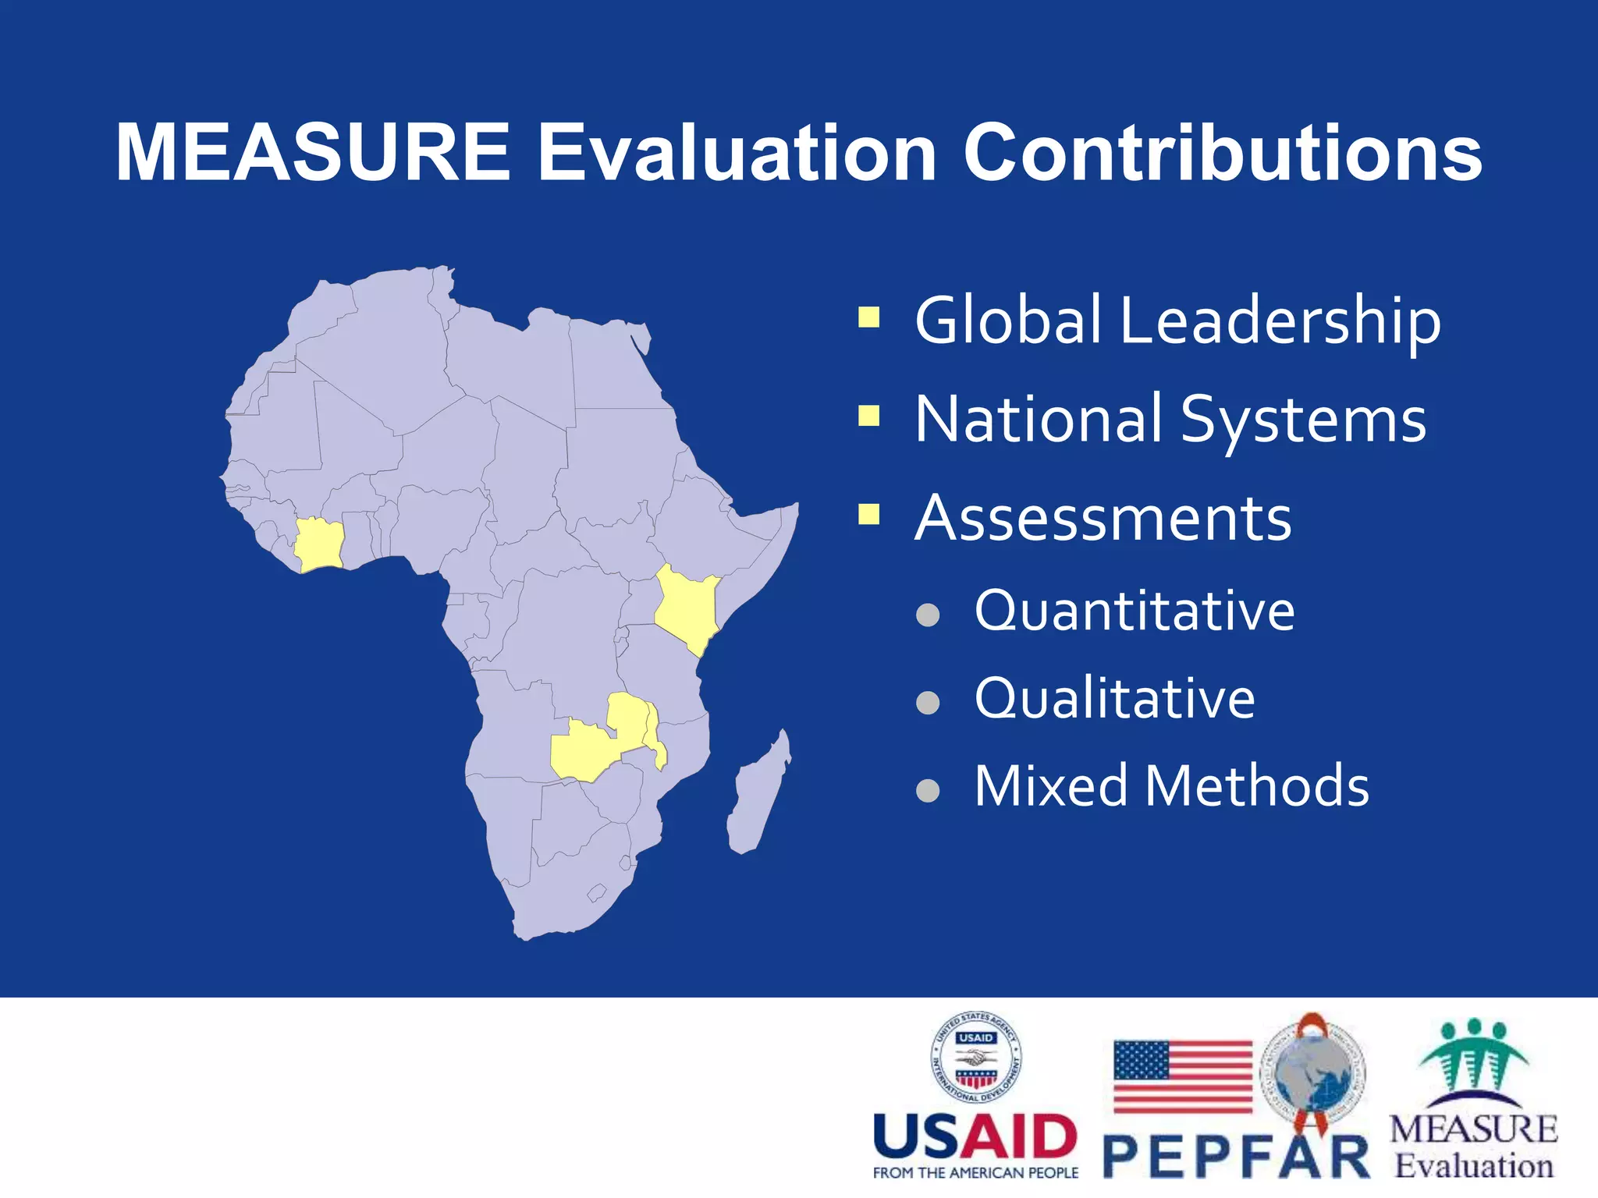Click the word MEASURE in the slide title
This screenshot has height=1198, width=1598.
point(312,153)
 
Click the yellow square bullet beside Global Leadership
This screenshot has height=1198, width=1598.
point(868,317)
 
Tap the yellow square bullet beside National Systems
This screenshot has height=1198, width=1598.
point(868,416)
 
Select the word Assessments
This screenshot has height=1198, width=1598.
point(1103,519)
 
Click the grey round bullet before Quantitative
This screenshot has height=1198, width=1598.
point(927,615)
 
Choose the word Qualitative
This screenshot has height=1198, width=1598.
point(1114,698)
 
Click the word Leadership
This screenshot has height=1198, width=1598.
point(1280,321)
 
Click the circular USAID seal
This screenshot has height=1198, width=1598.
point(975,1058)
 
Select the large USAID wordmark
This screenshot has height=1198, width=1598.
point(975,1136)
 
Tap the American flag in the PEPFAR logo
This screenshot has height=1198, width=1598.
point(1181,1076)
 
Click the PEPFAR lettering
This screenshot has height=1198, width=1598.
point(1236,1157)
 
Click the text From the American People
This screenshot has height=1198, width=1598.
point(975,1173)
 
